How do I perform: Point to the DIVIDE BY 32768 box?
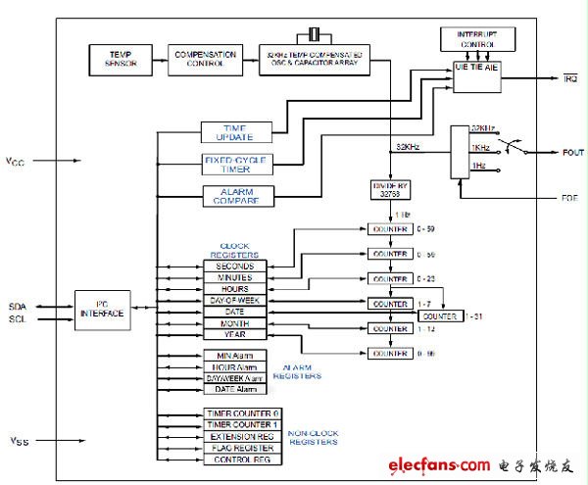[388, 189]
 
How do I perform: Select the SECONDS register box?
[234, 266]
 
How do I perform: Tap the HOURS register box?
[234, 289]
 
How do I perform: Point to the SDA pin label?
[17, 304]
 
